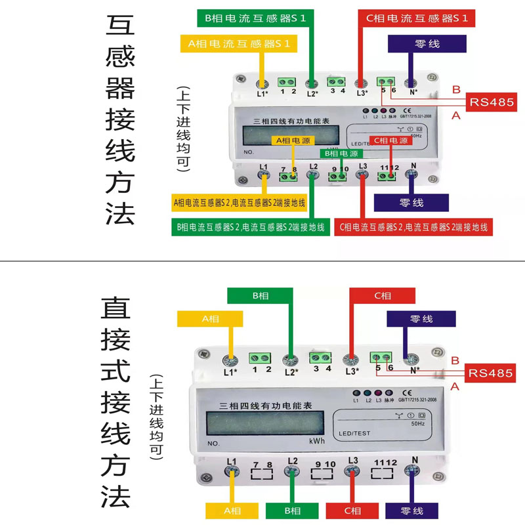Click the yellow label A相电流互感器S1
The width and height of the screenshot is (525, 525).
pyautogui.click(x=239, y=44)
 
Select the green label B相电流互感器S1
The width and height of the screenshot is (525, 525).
pyautogui.click(x=255, y=18)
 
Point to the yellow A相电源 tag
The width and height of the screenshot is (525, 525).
pyautogui.click(x=293, y=141)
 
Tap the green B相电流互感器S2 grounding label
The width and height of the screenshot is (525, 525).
pyautogui.click(x=250, y=228)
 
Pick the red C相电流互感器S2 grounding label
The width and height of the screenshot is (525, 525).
pyautogui.click(x=414, y=228)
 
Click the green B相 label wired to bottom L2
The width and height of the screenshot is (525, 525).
pyautogui.click(x=293, y=511)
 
